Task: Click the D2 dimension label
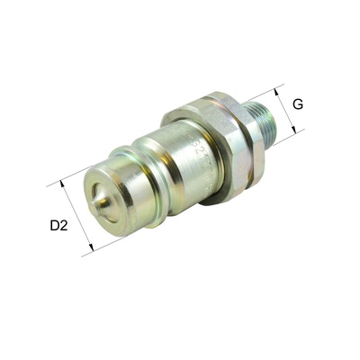(x=58, y=225)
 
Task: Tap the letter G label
(x=297, y=104)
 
